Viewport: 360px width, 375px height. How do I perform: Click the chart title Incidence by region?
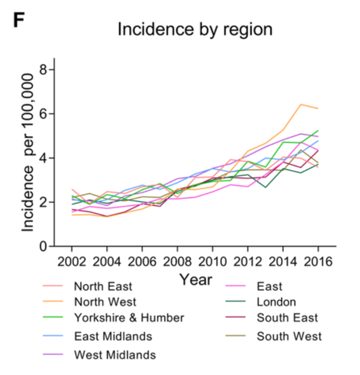coord(194,29)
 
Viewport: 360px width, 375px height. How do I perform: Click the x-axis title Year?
coord(195,280)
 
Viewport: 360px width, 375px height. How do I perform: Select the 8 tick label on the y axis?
coord(43,70)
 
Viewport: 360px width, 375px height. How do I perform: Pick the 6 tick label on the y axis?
coord(43,114)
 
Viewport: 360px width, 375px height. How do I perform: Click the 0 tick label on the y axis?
coord(43,246)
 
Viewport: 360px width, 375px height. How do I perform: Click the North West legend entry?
coord(105,301)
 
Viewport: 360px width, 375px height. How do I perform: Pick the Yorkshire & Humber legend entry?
coord(129,318)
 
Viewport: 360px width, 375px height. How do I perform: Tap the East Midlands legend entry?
coord(113,336)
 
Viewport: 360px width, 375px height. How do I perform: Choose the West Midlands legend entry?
coord(115,354)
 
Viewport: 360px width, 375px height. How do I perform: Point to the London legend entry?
coord(276,302)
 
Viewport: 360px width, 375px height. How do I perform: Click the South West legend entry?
coord(289,336)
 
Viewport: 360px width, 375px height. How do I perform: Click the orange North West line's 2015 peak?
coord(300,104)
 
